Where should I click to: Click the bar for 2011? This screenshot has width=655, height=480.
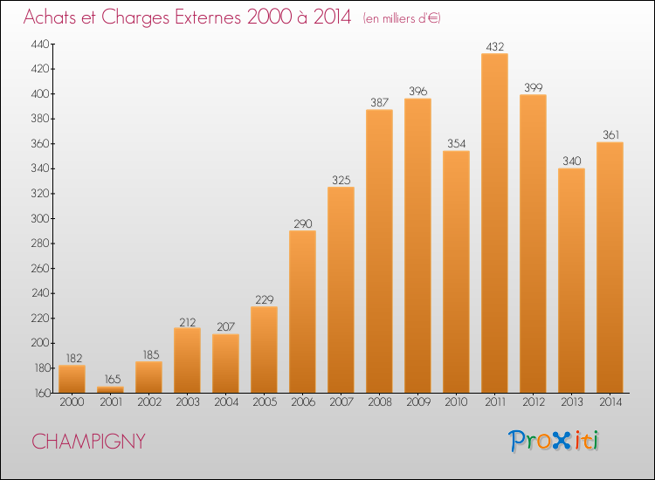tap(494, 223)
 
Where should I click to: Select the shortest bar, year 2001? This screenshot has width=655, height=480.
tap(110, 389)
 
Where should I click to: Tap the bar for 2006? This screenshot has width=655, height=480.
tap(302, 312)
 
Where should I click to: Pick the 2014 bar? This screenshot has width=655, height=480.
tap(610, 268)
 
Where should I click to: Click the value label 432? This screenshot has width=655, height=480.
tap(495, 47)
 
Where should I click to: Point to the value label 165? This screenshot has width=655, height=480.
tap(113, 379)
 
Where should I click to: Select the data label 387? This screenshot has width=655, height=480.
tap(379, 102)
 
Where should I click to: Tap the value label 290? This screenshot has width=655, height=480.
tap(303, 223)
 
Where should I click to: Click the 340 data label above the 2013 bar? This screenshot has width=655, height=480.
tap(572, 161)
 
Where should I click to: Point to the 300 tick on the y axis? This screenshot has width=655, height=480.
tap(40, 218)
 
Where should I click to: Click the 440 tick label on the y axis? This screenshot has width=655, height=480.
tap(40, 44)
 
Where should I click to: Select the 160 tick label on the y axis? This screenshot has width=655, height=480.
tap(42, 393)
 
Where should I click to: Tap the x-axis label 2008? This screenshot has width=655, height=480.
tap(380, 402)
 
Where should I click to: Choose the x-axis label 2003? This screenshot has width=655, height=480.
tap(188, 402)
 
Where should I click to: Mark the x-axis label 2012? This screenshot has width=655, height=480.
tap(534, 402)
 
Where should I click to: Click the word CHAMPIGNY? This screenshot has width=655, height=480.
tap(88, 442)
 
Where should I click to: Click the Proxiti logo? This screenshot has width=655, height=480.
tap(554, 441)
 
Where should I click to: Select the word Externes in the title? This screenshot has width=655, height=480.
tap(208, 17)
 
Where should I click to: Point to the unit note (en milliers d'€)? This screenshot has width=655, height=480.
tap(402, 18)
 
